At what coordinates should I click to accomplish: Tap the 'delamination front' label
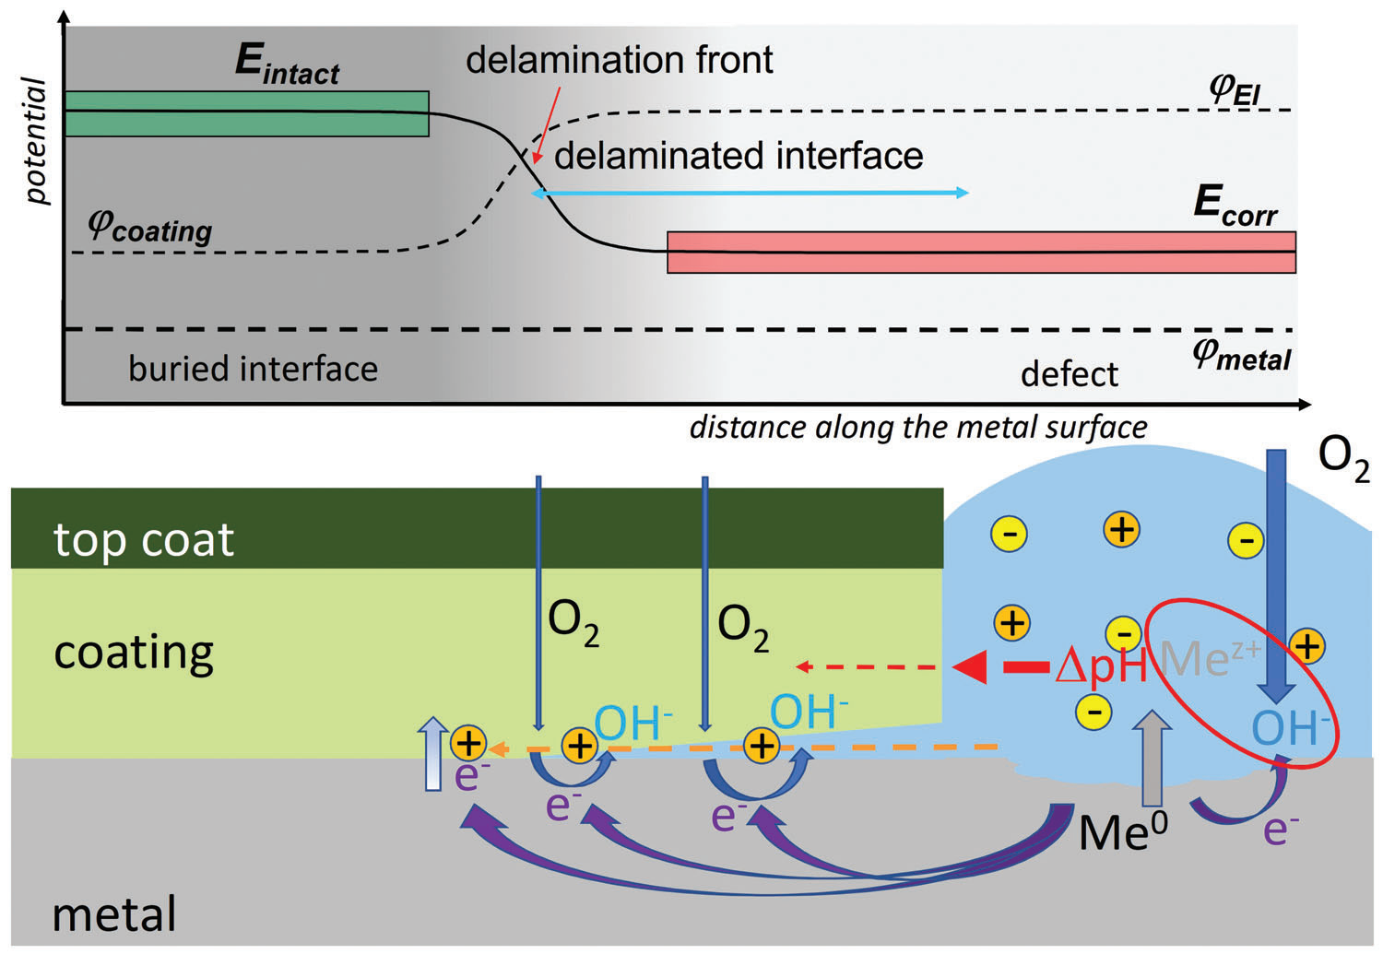619,60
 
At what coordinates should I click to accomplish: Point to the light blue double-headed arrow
751,193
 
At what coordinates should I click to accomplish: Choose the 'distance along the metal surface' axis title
918,428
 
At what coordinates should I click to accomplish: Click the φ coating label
149,225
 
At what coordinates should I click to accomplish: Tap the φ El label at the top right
1235,88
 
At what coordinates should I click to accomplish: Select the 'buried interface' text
253,369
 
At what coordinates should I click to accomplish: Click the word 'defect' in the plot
1069,374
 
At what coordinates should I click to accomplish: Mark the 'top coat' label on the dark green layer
144,539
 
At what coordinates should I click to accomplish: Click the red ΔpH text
1101,665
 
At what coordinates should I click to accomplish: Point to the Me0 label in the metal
1122,832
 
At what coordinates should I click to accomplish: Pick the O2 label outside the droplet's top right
1342,457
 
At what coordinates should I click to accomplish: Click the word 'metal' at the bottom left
114,914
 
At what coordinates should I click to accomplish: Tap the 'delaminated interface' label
739,156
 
